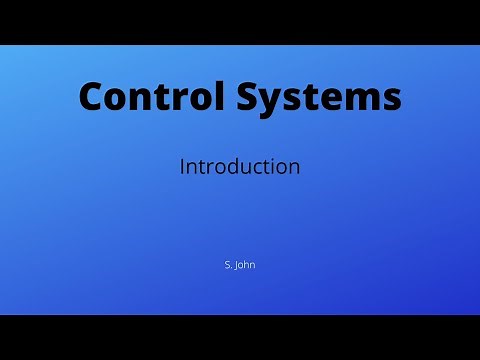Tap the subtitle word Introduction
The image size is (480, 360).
click(240, 167)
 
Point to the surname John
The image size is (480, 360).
click(246, 265)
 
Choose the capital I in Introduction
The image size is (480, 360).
click(182, 167)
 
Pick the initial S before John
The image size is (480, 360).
click(228, 265)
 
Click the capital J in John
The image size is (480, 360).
click(238, 265)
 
